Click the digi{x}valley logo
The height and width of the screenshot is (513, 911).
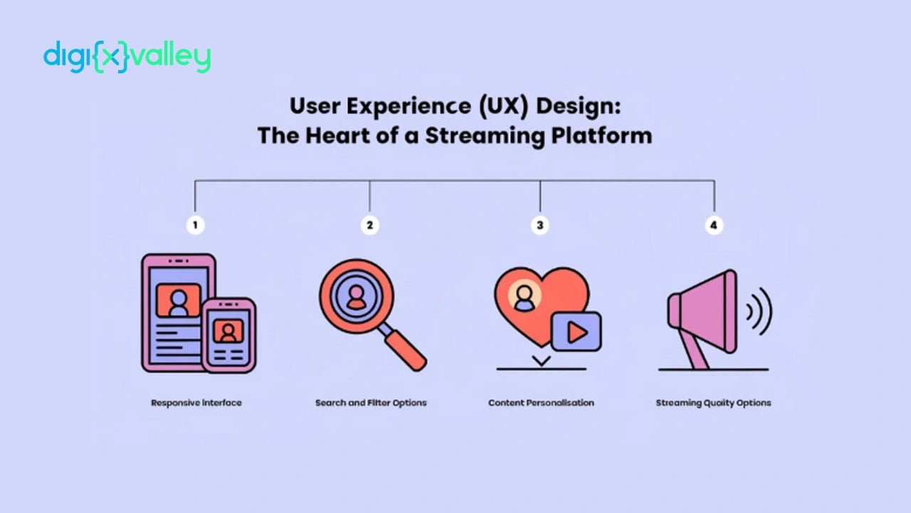pos(127,56)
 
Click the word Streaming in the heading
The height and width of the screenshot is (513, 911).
pos(485,135)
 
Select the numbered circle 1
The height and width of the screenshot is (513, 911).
pos(195,225)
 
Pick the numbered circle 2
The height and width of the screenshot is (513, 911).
pos(369,225)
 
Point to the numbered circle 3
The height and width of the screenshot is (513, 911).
pos(540,225)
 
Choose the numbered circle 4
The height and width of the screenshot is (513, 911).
pos(714,225)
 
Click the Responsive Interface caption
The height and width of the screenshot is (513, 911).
pos(196,403)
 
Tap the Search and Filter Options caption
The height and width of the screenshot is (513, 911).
pos(371,403)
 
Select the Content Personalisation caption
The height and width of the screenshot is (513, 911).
pos(541,403)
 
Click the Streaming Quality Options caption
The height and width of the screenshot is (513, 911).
pos(713,403)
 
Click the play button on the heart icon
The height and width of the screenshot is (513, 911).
pos(576,332)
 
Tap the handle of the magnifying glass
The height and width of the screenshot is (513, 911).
pos(404,349)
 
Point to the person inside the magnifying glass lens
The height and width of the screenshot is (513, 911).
pos(357,297)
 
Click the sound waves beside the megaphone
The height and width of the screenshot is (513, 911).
pos(759,312)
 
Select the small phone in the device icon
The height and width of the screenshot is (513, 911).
pos(229,336)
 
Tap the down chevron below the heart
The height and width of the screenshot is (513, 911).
pos(542,361)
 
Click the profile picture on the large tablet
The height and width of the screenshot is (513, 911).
pos(179,301)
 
